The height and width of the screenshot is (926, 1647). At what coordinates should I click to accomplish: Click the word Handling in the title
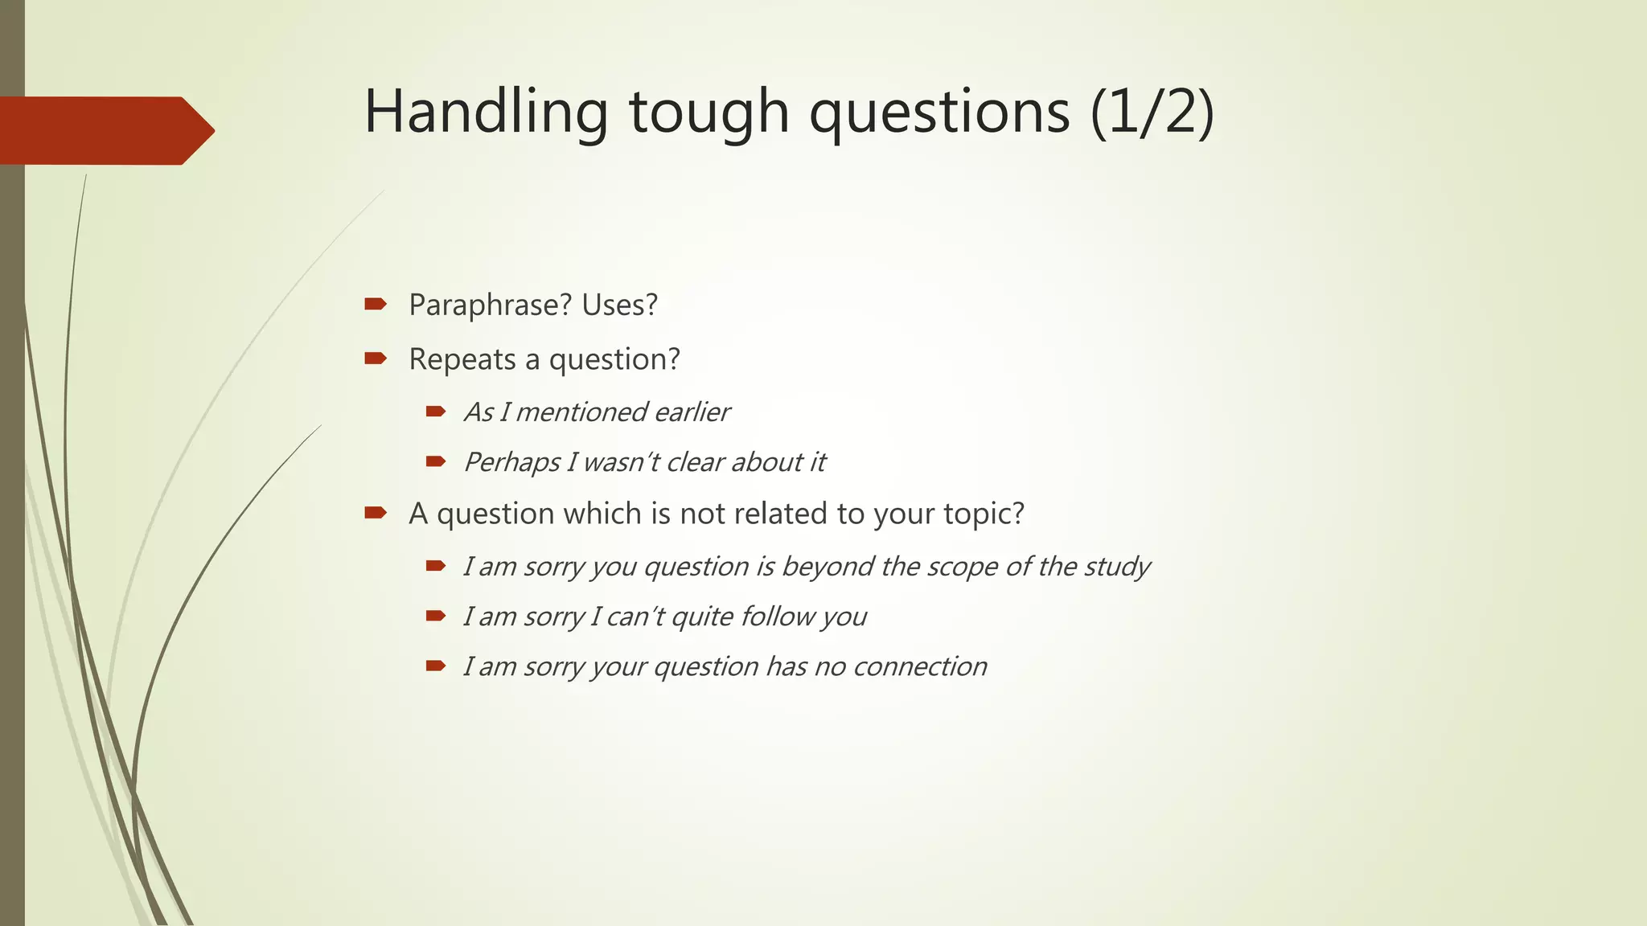tap(486, 113)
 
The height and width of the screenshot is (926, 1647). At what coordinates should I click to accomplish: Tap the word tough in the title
tap(708, 113)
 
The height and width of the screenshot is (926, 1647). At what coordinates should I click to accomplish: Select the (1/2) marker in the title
tap(1152, 113)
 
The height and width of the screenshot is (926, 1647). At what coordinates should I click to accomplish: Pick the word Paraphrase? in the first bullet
tap(490, 305)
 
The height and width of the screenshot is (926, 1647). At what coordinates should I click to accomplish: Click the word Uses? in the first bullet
tap(619, 305)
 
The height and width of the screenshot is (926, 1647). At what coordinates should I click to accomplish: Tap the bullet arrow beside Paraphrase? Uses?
tap(376, 304)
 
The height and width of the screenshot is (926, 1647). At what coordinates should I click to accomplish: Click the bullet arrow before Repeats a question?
tap(376, 358)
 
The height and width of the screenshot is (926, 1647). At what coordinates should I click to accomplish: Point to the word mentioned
tap(581, 412)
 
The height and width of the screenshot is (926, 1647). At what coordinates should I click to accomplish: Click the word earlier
tap(692, 412)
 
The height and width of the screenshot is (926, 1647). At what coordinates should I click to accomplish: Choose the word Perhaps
tap(511, 463)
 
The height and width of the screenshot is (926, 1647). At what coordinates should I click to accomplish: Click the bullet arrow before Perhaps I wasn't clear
tap(436, 461)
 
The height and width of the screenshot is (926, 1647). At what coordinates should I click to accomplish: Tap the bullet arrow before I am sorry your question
tap(436, 666)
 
